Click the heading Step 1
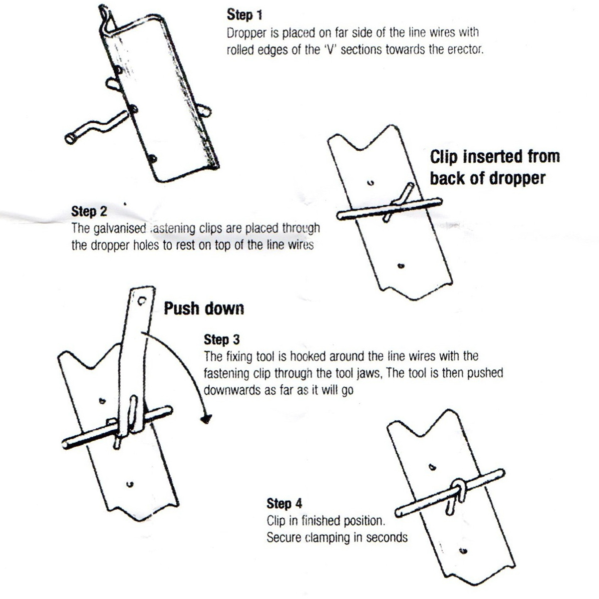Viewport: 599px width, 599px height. point(244,15)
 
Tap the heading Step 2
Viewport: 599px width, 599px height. point(89,211)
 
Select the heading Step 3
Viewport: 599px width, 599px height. point(221,340)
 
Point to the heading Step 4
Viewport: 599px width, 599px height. point(284,503)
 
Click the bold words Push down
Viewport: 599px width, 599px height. point(204,308)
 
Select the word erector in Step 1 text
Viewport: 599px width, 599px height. point(465,50)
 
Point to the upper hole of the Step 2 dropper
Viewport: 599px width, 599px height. point(370,183)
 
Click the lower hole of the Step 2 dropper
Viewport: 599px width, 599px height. point(400,266)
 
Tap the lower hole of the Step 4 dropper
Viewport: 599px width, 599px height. point(463,551)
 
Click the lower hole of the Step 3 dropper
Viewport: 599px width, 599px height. point(130,483)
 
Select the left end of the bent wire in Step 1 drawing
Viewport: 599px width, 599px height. point(70,138)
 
